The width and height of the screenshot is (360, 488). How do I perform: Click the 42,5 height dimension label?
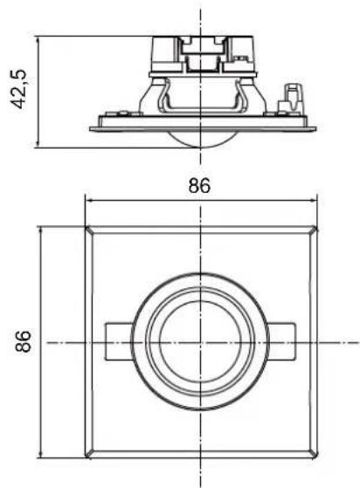tap(19, 89)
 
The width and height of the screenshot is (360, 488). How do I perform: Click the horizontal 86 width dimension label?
tap(199, 185)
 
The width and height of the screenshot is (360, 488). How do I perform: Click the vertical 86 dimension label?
tap(24, 341)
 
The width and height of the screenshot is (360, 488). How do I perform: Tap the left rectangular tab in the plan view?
tap(119, 341)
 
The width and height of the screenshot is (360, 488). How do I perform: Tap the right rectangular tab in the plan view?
tap(281, 341)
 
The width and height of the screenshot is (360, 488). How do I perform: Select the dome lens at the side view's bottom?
tap(201, 139)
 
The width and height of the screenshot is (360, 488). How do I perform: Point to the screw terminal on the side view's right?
tap(290, 99)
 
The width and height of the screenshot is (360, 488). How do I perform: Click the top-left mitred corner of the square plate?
tap(89, 230)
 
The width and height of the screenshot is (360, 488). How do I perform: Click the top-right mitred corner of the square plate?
tap(314, 230)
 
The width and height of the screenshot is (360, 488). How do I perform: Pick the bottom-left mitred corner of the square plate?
tap(89, 454)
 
